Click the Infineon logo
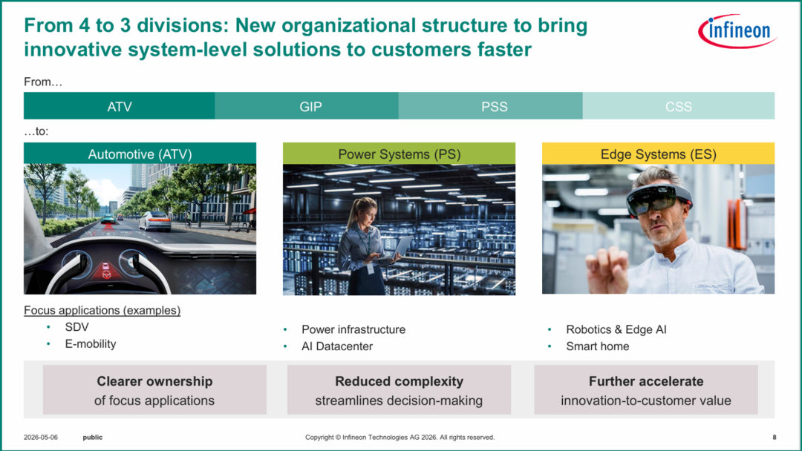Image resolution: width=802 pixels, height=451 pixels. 737,30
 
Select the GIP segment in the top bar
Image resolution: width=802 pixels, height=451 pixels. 307,106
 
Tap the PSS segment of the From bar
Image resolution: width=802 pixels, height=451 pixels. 491,106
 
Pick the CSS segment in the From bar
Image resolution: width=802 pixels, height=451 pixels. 679,106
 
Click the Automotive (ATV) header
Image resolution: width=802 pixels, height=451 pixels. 140,154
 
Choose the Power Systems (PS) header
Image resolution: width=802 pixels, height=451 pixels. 399,154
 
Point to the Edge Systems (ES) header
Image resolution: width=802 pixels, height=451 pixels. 658,154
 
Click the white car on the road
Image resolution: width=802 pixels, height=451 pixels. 154,220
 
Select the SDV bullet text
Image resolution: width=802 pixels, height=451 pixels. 76,327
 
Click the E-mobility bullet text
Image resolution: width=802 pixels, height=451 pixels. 91,343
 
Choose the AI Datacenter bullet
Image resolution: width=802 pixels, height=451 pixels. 337,346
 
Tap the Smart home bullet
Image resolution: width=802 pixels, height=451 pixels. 597,346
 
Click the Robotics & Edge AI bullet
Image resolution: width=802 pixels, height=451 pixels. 616,329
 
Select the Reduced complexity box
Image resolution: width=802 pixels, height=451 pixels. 399,389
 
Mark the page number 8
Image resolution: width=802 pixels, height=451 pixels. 775,437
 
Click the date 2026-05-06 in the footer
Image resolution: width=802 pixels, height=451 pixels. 40,437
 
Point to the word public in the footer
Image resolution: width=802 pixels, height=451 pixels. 93,437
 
